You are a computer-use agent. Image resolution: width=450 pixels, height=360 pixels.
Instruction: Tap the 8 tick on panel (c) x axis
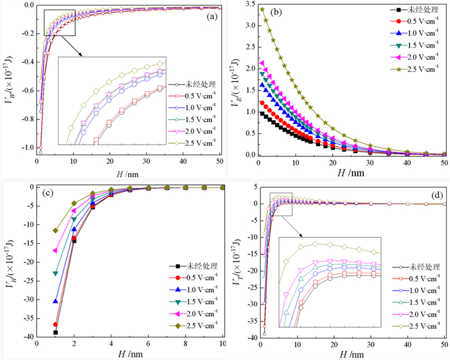(x=166, y=346)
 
